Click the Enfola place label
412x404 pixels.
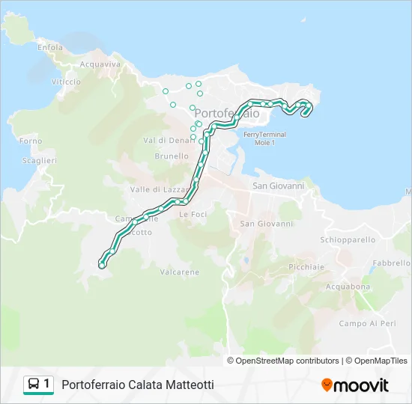50,47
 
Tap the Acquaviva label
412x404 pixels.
100,64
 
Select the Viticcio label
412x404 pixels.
66,82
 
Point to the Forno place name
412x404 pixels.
31,141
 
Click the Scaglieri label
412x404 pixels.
40,161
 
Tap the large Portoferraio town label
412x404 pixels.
227,113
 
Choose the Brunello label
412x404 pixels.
172,156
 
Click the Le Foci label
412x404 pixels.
193,214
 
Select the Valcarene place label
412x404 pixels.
180,272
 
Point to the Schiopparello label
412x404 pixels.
348,240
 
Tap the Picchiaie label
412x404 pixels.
306,266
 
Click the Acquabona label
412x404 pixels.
348,287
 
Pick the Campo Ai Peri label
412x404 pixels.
367,323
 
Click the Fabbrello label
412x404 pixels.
393,263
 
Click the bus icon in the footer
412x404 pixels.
34,385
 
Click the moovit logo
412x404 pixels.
355,385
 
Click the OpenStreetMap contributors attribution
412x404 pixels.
282,361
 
